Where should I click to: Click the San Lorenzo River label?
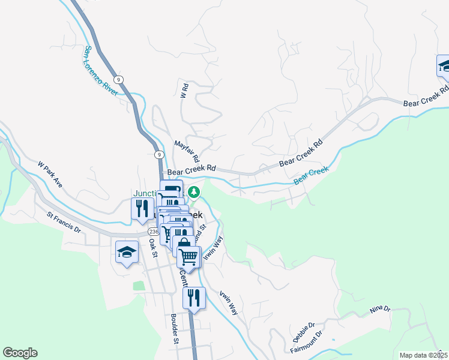pos(101,71)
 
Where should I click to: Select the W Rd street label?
pos(185,91)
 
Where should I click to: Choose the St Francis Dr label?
pos(64,221)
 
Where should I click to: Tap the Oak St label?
pos(152,247)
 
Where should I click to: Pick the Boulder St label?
pos(175,328)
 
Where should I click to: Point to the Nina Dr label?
pos(380,309)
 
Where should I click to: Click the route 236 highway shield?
pos(152,232)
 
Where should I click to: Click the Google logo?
pos(20,353)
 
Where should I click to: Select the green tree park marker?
pos(193,193)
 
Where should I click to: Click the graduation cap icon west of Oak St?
pos(127,252)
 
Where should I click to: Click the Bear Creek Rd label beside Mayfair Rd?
pos(191,171)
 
